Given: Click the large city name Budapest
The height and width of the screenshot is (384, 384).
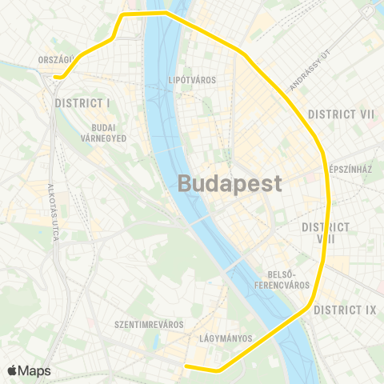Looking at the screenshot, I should click(230, 183).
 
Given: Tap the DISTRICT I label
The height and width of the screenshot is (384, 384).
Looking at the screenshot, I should click(82, 103).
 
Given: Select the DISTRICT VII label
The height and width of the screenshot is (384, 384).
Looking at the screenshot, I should click(342, 114).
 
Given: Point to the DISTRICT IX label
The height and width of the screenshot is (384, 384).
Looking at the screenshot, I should click(345, 310).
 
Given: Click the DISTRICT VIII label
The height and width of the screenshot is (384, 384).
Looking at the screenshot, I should click(326, 233).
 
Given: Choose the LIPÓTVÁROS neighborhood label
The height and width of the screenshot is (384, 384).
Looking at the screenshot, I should click(193, 80).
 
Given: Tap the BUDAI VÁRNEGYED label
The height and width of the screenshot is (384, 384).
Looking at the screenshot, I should click(105, 132).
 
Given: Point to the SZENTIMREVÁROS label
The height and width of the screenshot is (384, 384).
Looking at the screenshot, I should click(150, 325).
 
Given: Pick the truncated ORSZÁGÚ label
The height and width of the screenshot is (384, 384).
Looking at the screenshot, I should click(56, 59).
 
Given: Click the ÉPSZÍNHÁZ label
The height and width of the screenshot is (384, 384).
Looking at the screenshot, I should click(351, 170).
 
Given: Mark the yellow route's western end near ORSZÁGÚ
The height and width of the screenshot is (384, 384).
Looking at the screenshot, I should click(57, 77).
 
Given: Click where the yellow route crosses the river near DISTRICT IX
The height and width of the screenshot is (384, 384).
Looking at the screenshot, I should click(293, 317).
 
